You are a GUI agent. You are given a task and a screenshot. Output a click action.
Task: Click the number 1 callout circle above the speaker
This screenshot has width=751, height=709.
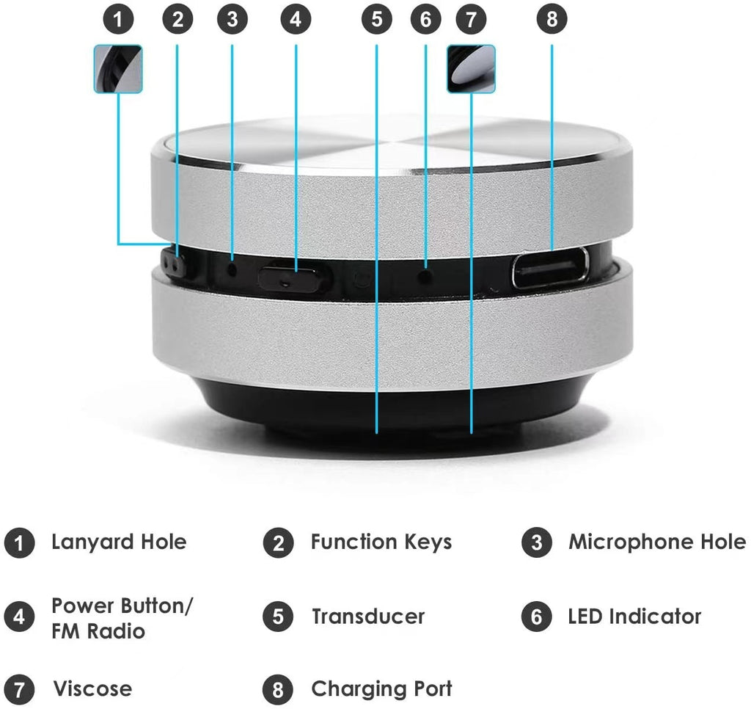(118, 20)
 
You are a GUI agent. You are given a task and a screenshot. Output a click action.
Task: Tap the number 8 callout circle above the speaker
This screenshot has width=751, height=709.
(552, 20)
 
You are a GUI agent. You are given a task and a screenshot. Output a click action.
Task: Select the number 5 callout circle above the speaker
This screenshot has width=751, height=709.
(376, 20)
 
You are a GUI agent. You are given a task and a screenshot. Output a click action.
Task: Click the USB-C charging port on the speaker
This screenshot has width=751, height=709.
(549, 268)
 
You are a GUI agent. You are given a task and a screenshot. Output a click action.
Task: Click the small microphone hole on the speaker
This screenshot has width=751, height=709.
(232, 269)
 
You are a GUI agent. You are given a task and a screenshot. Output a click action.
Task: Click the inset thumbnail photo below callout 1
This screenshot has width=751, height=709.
(118, 68)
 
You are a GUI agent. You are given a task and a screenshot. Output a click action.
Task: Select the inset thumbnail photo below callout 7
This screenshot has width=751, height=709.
(471, 69)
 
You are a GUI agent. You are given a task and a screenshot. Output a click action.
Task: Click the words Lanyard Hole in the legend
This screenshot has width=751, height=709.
(119, 542)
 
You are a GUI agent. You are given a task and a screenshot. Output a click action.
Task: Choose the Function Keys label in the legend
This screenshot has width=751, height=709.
(381, 542)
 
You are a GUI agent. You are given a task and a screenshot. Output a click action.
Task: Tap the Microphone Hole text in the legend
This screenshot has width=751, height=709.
(657, 542)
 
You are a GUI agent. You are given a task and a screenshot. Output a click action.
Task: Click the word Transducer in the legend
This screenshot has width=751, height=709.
(367, 616)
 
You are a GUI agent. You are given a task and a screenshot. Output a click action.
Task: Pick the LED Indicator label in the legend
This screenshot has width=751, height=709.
(634, 616)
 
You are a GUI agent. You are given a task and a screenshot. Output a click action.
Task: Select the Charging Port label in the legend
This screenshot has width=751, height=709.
(381, 689)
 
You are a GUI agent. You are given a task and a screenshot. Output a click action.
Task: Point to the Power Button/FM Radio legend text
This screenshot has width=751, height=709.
(122, 618)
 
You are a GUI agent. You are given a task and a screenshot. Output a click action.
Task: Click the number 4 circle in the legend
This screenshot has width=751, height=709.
(19, 617)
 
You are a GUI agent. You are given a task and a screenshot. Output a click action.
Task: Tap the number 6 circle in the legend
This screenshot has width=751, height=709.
(536, 617)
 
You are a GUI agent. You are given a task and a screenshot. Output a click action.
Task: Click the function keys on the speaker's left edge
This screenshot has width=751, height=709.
(173, 265)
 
